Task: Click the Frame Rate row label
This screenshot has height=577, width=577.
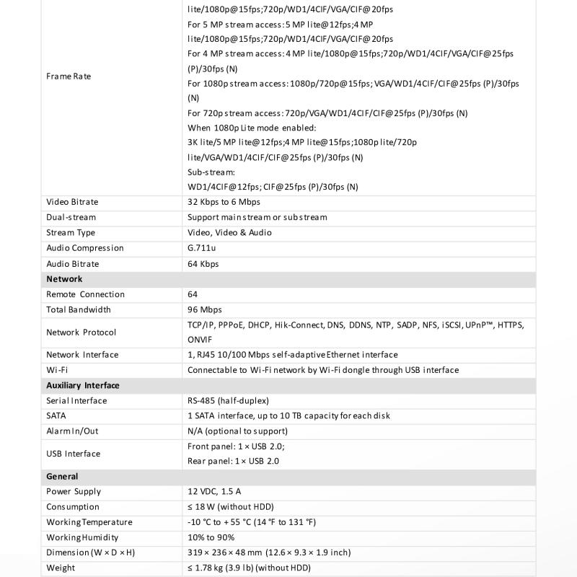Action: [x=69, y=76]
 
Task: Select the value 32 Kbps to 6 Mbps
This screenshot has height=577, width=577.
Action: [x=224, y=202]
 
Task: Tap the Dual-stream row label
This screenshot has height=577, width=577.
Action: [x=71, y=217]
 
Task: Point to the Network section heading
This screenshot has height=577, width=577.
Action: [x=64, y=279]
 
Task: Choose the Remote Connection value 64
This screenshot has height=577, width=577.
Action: [x=193, y=294]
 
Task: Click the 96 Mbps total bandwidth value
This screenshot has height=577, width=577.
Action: [x=205, y=309]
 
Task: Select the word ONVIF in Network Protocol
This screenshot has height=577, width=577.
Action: [x=201, y=339]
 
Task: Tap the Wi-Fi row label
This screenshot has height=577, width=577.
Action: [x=57, y=370]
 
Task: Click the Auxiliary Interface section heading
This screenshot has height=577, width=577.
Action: [x=82, y=385]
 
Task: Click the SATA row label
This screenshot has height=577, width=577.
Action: [x=56, y=416]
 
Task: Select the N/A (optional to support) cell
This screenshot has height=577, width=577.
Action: [x=237, y=431]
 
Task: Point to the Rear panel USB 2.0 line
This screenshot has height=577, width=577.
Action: [x=233, y=461]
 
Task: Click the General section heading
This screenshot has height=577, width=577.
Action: [x=62, y=477]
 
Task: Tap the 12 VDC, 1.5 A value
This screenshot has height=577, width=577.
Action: [x=214, y=492]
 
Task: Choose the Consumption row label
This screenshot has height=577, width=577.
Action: [x=73, y=507]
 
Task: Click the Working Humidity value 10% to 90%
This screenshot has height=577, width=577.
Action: [x=211, y=537]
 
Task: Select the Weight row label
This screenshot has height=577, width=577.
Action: [x=60, y=568]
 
